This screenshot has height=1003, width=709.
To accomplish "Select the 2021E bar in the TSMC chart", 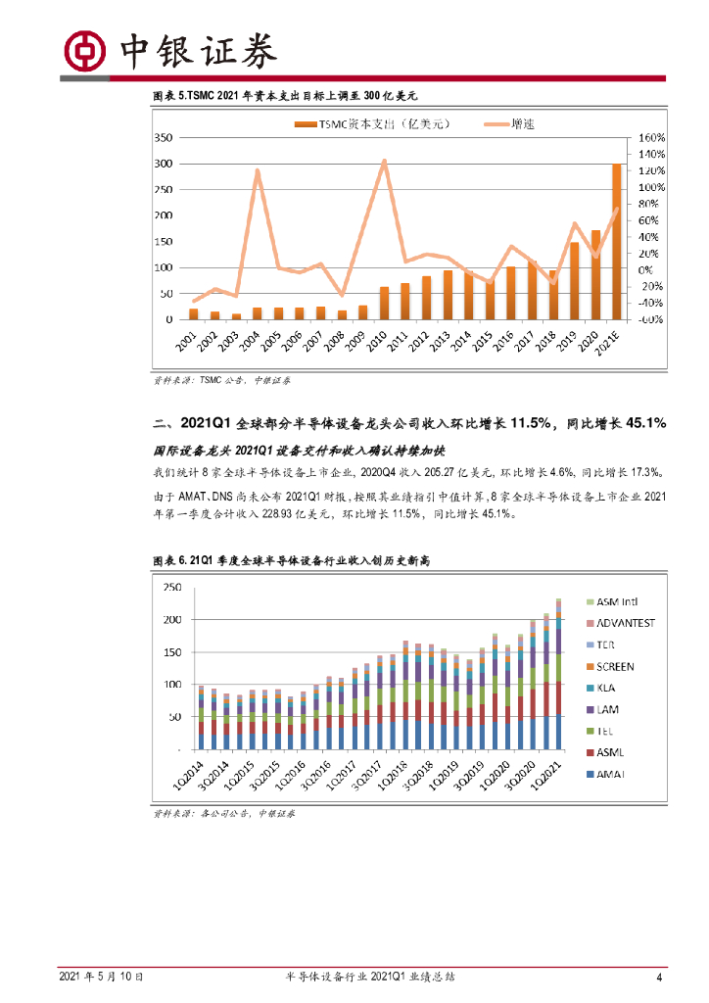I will [x=617, y=242].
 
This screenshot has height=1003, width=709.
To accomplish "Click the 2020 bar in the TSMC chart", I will [x=595, y=274].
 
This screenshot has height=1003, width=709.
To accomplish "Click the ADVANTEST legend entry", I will [x=619, y=623].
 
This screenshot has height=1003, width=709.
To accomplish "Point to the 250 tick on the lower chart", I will [x=171, y=587].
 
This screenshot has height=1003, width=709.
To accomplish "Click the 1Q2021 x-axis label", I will [x=546, y=780].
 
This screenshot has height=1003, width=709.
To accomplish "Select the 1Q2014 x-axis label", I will [x=189, y=780].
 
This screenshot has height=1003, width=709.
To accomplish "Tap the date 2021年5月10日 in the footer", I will [x=102, y=977].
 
